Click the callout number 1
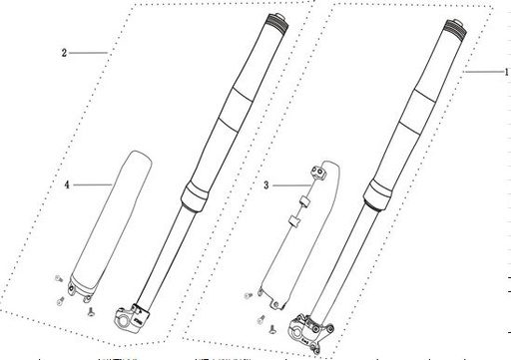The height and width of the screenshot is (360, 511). (505, 72)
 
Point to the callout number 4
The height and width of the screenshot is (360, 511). (66, 184)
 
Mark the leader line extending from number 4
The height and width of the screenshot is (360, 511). (95, 184)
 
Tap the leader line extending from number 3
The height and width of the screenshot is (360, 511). (289, 184)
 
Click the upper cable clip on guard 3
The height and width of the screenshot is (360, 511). (319, 171)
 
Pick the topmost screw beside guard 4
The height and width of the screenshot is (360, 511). (57, 281)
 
